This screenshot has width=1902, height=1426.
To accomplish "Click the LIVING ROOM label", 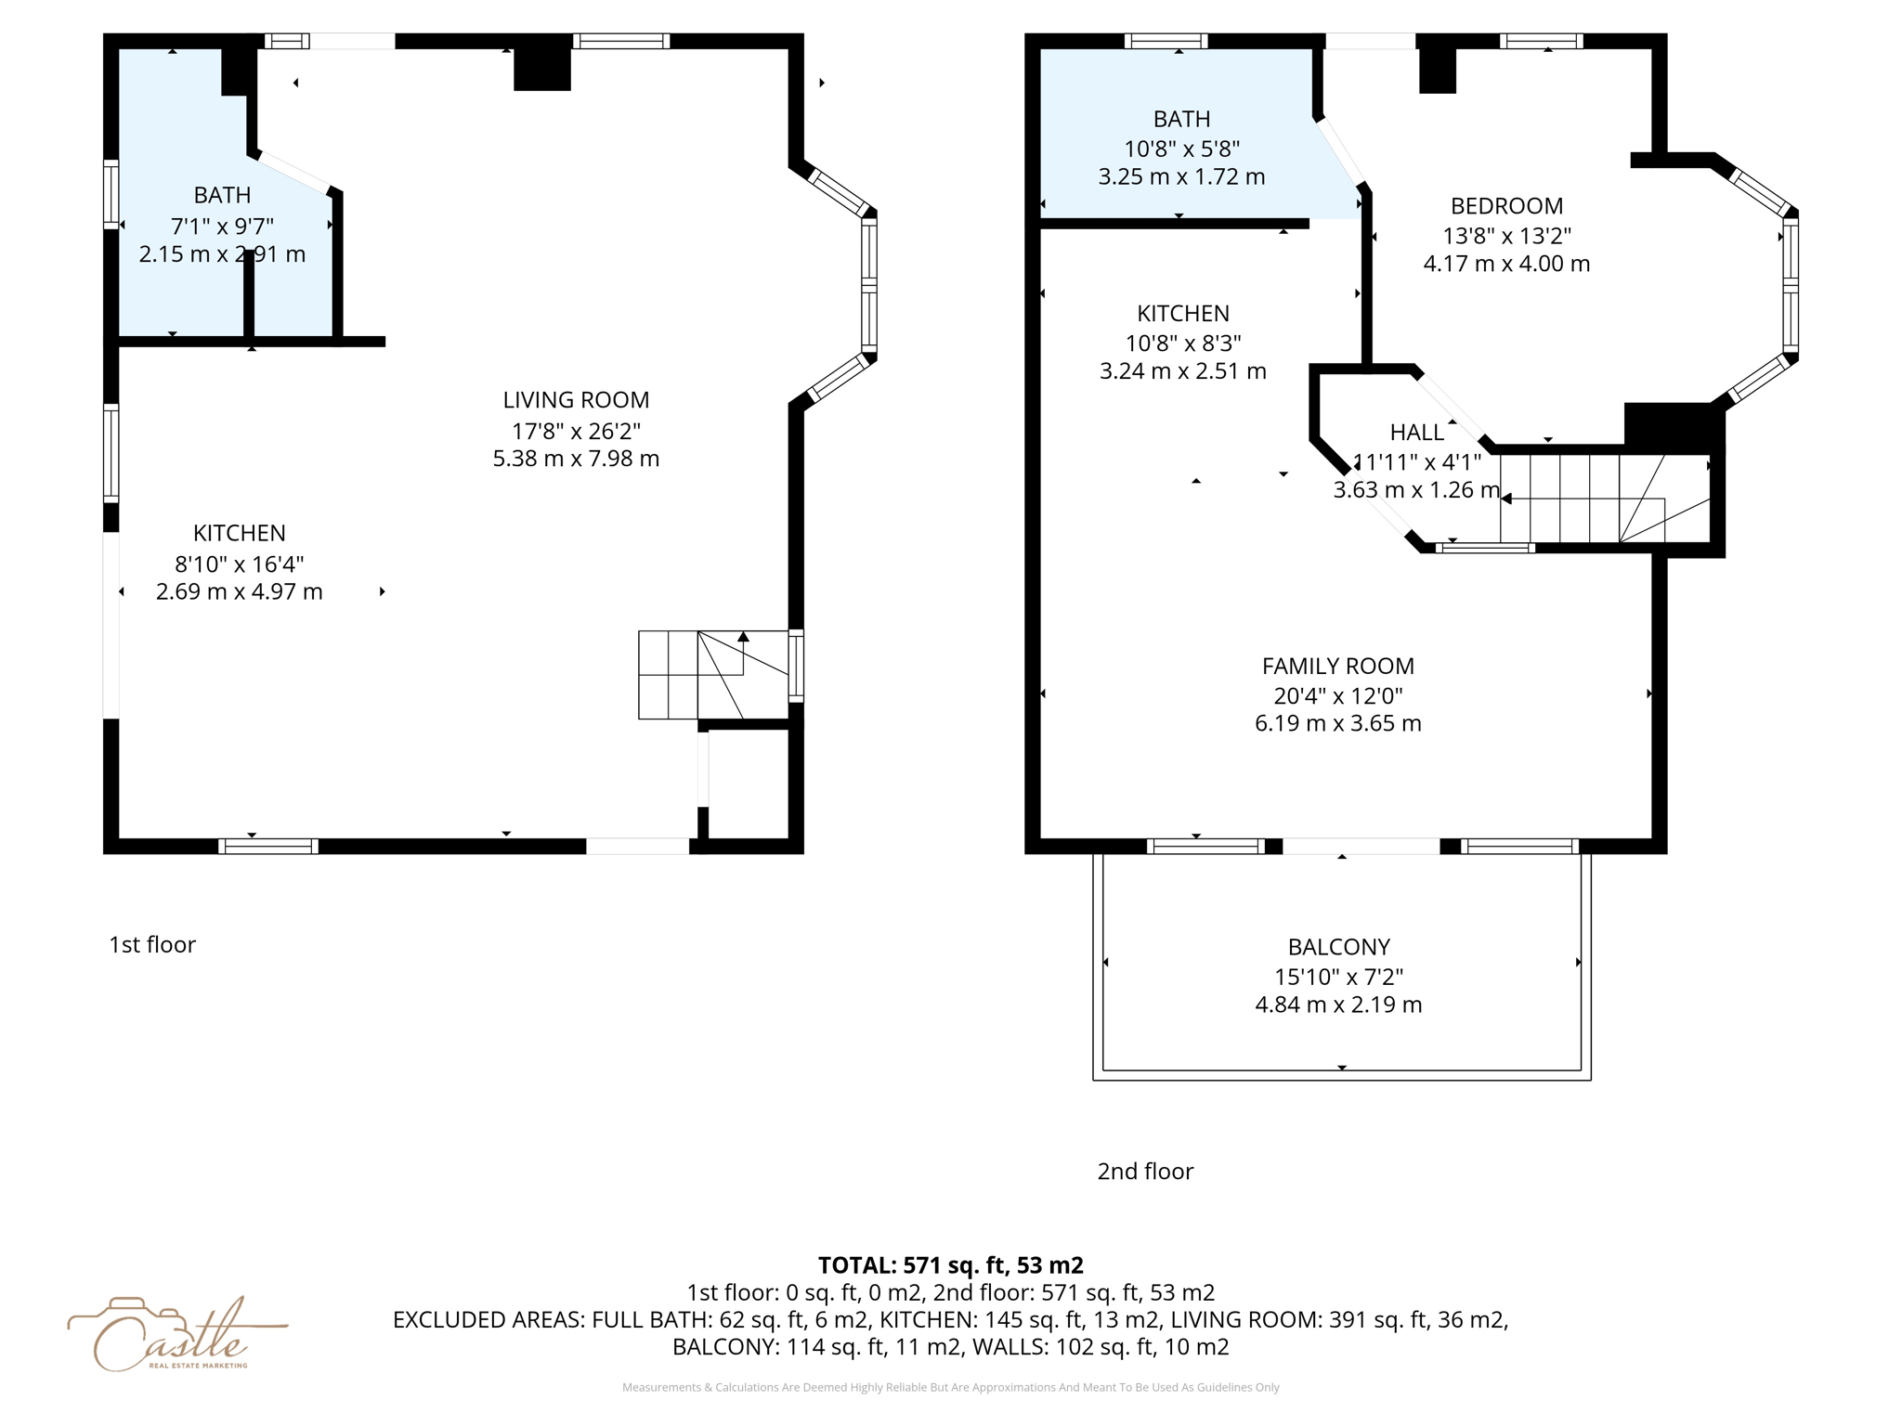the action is click(x=576, y=400).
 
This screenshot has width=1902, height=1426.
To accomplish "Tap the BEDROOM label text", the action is click(x=1506, y=206).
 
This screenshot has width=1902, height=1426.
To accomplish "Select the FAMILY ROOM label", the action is click(x=1337, y=666).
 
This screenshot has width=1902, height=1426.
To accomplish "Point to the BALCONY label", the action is click(x=1338, y=947).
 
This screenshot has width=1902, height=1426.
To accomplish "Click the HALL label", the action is click(x=1417, y=432).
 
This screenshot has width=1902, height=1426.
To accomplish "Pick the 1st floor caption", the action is click(x=152, y=944).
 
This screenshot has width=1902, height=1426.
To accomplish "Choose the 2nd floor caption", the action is click(x=1145, y=1171).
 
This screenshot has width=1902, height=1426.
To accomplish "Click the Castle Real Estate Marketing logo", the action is click(x=176, y=1334).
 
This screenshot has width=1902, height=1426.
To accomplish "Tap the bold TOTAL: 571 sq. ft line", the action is click(x=950, y=1265).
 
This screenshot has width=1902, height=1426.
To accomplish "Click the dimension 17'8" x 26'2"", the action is click(x=576, y=431).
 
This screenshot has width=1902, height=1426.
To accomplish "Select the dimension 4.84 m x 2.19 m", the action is click(x=1338, y=1005).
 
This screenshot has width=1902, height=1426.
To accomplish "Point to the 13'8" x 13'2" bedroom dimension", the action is click(x=1506, y=236).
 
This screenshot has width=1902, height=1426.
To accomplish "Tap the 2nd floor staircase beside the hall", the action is click(x=1605, y=499).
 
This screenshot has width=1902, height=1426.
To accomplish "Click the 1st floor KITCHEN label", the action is click(x=240, y=533).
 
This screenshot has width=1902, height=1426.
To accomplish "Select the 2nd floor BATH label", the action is click(x=1181, y=119).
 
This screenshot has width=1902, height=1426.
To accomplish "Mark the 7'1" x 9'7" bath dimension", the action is click(x=222, y=226).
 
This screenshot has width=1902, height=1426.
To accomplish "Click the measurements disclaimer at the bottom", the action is click(x=950, y=1387).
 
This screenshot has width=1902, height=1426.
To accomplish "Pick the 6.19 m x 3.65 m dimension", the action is click(x=1337, y=723).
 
